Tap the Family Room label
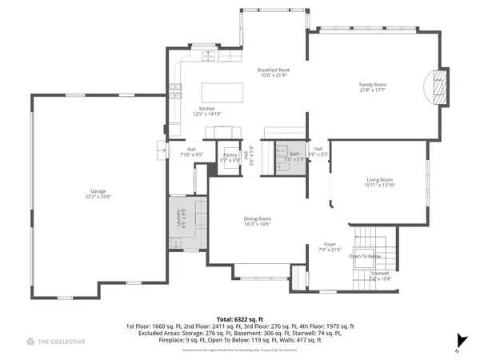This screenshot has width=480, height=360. tap(372, 84)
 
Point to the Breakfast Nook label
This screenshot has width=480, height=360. tap(273, 70)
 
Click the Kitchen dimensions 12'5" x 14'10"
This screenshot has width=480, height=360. tap(207, 114)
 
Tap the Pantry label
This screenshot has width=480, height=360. tap(230, 155)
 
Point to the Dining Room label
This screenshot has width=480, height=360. tap(257, 218)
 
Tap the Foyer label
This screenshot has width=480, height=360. tap(330, 244)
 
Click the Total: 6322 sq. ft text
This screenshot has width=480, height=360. tap(239, 318)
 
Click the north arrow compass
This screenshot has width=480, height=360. tap(459, 339)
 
